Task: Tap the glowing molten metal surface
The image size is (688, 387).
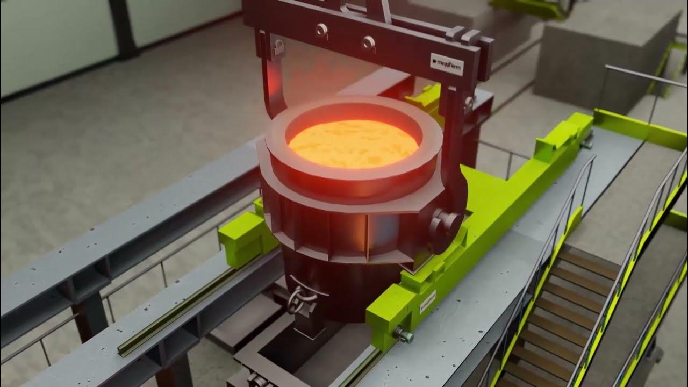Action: (353, 143)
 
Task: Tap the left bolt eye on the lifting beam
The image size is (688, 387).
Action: (321, 30)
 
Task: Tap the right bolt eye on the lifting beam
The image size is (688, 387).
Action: (368, 42)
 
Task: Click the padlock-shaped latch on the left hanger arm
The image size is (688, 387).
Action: (278, 47)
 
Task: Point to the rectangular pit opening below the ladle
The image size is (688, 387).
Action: (301, 355)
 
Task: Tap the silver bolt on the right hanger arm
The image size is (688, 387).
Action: (469, 102)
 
